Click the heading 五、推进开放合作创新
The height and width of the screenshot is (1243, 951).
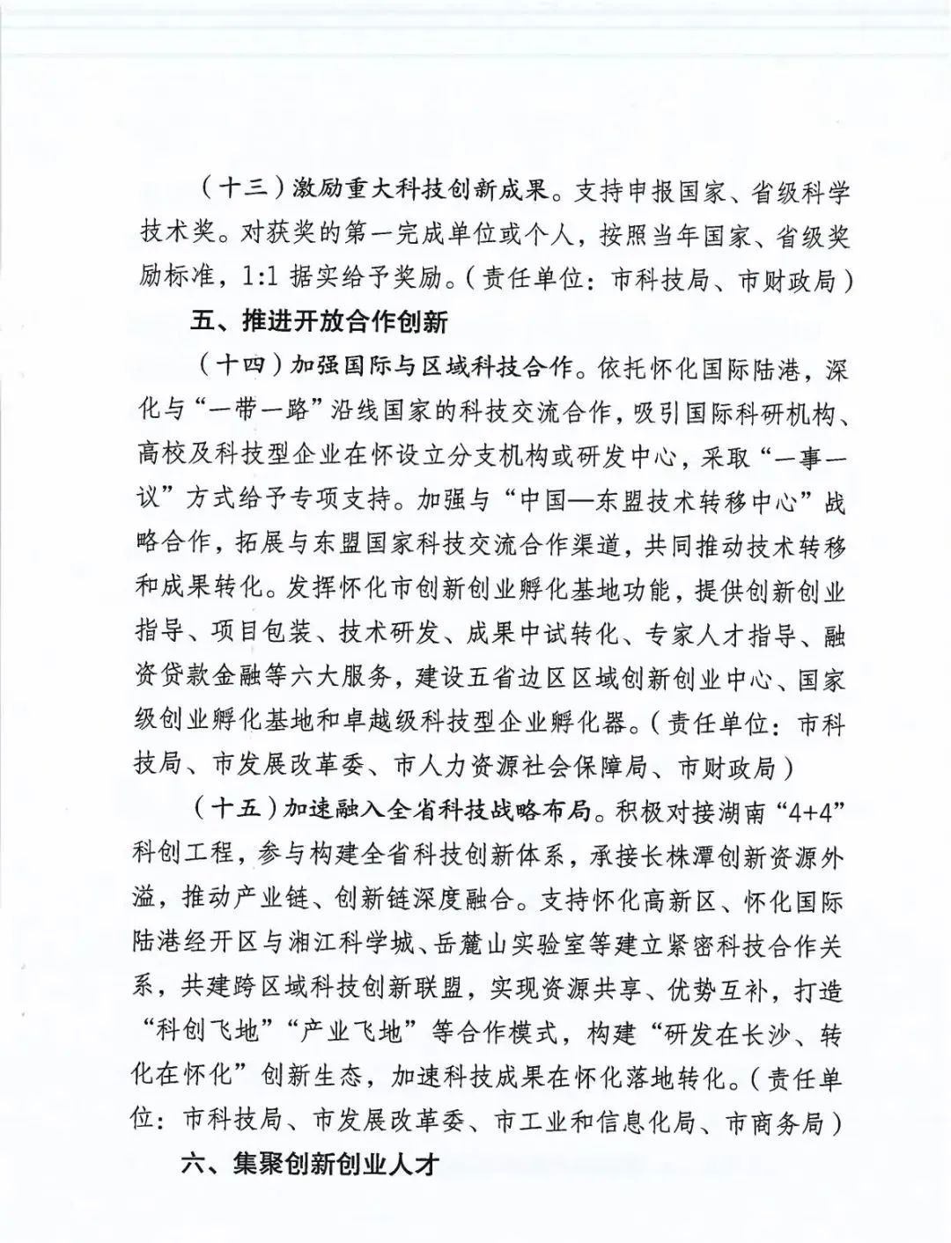(x=319, y=322)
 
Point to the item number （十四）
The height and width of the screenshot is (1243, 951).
(x=238, y=366)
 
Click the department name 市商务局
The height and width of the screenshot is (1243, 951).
(x=774, y=1122)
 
